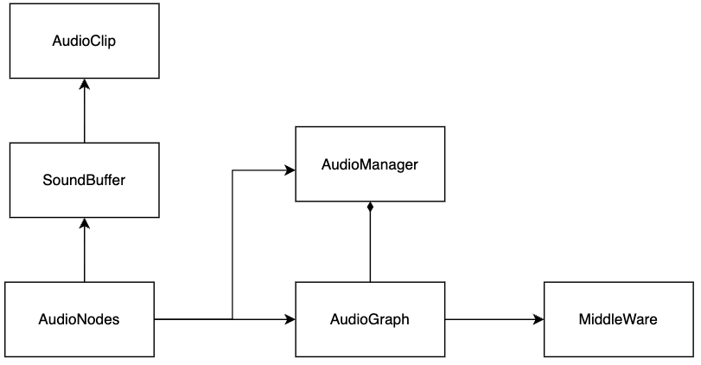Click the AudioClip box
tap(84, 40)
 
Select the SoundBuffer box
tap(84, 180)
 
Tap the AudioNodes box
tap(79, 319)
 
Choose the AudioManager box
tap(370, 163)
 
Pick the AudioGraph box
tap(370, 319)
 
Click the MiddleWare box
tap(618, 319)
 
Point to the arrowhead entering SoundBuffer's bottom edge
tap(84, 223)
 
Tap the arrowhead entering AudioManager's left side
tap(290, 171)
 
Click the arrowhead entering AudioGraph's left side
tap(290, 319)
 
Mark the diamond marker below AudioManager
tap(370, 208)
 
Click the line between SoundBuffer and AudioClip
tap(84, 112)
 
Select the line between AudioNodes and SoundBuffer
tap(84, 253)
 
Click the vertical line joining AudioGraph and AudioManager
tap(370, 247)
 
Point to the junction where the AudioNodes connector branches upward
tap(233, 319)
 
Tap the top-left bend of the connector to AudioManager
tap(233, 171)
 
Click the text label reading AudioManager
tap(370, 163)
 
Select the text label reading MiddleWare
tap(618, 319)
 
